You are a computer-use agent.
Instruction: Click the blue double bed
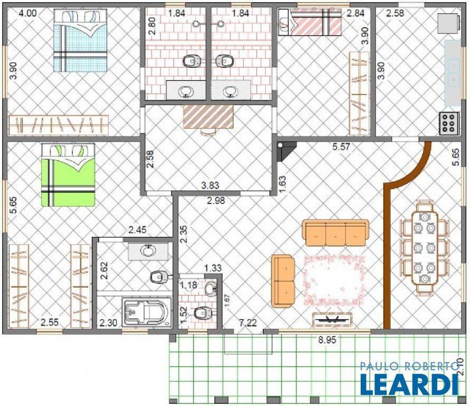click(80, 40)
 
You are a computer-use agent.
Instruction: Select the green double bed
click(68, 175)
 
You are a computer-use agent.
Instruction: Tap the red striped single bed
click(310, 22)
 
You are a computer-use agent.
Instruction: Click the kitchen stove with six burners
click(449, 123)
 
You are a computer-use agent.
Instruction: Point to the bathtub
click(147, 312)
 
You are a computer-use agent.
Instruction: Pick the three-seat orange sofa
click(335, 233)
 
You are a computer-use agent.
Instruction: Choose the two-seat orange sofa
click(283, 281)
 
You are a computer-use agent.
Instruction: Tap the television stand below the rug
click(332, 320)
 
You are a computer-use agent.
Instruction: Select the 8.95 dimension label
click(327, 340)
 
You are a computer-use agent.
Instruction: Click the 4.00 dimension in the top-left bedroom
click(27, 13)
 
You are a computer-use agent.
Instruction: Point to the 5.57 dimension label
click(341, 147)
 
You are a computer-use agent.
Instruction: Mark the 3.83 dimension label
click(210, 186)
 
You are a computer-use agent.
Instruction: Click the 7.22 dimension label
click(248, 323)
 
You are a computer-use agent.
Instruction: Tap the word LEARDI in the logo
click(409, 383)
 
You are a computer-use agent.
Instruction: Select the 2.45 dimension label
click(137, 230)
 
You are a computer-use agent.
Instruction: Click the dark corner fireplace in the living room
click(286, 151)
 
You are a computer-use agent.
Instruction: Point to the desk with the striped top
click(208, 117)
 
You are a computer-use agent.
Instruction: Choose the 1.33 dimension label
click(213, 268)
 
